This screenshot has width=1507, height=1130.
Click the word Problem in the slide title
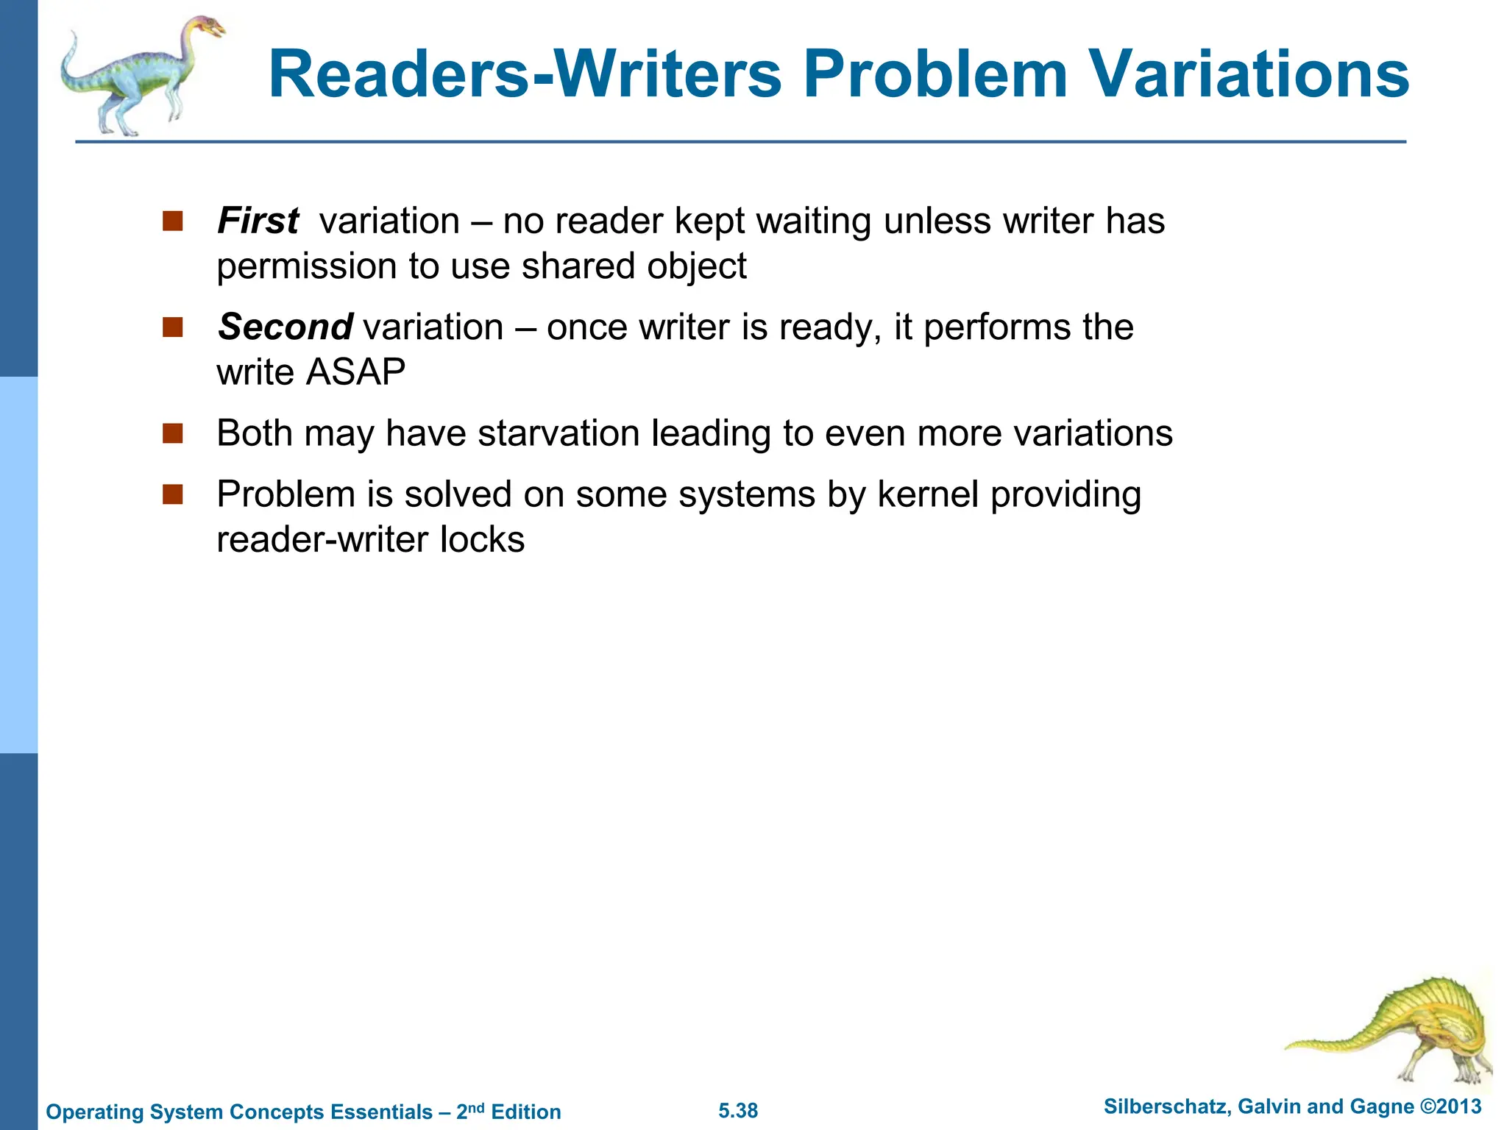coord(935,74)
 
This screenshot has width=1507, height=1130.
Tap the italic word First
coord(258,221)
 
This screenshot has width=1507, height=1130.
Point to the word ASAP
coord(356,372)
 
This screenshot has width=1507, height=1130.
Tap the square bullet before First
coord(173,221)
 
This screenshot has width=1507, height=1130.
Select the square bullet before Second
coord(173,327)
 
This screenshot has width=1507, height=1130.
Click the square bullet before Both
coord(173,433)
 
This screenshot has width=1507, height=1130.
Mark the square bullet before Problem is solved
coord(173,494)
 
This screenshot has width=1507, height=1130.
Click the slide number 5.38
coord(738,1111)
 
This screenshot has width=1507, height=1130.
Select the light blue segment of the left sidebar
coord(18,565)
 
